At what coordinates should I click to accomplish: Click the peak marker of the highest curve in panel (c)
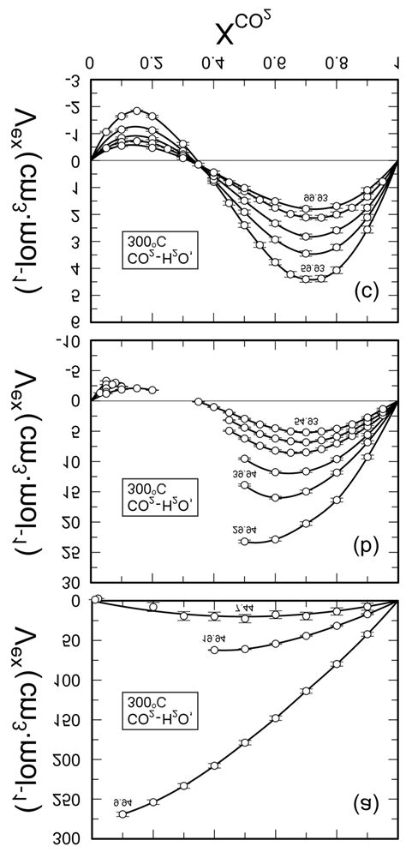pyautogui.click(x=137, y=111)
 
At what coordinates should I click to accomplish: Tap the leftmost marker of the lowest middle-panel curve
pyautogui.click(x=245, y=542)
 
